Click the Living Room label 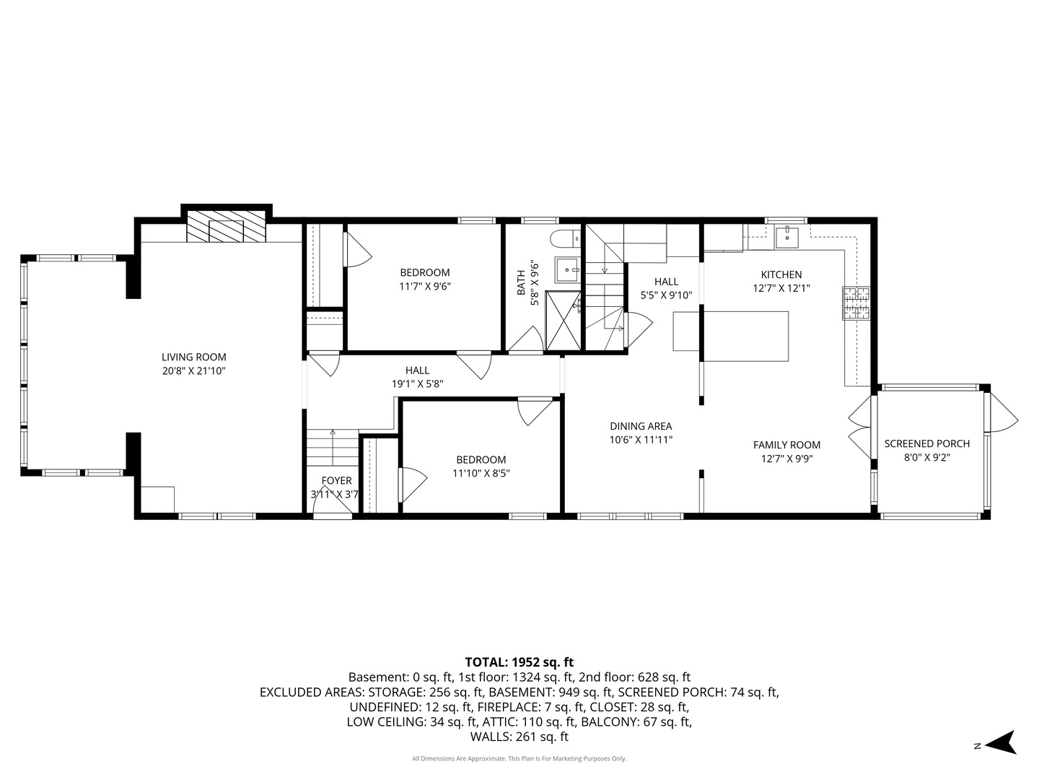pos(193,357)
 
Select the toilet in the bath pos(566,238)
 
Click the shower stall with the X pos(563,321)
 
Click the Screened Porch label pos(927,443)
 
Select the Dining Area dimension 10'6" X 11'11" pos(641,440)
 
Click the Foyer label pos(336,481)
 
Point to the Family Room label pos(786,445)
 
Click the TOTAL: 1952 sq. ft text pos(519,662)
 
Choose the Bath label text pos(521,282)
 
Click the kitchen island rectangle pos(731,337)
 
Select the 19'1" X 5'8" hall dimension pos(417,384)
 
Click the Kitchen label pos(781,274)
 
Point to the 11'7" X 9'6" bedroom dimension pos(424,287)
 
